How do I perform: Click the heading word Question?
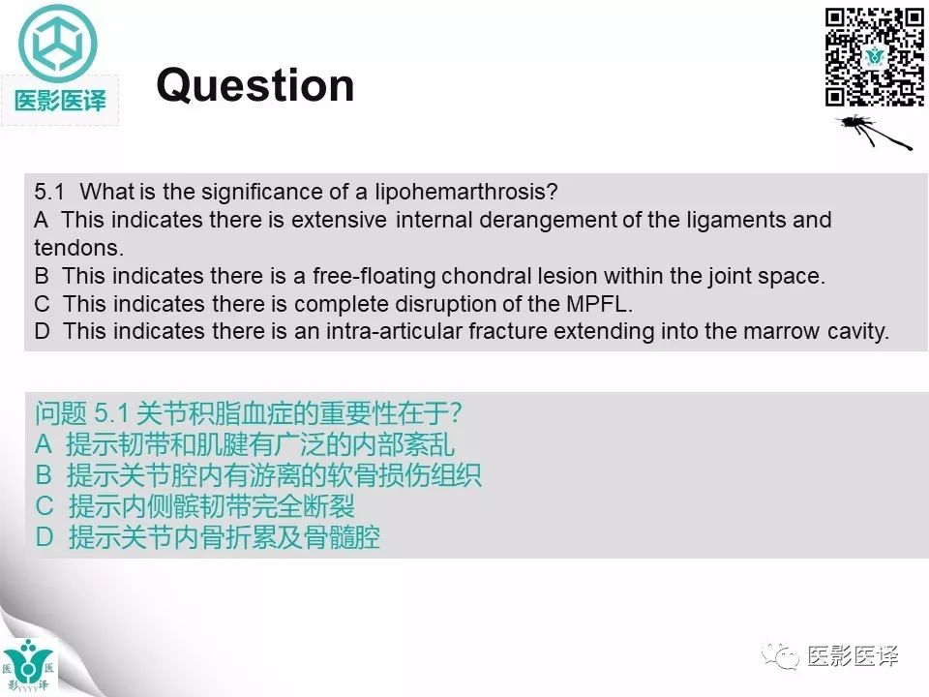tap(255, 85)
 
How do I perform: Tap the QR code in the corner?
tap(874, 57)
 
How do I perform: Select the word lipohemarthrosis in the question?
tap(466, 191)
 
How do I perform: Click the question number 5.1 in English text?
tap(49, 191)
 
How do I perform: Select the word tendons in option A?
tap(78, 247)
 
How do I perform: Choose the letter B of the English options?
tap(42, 275)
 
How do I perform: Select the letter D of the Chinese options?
tap(44, 536)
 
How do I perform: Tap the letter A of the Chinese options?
tap(44, 444)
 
